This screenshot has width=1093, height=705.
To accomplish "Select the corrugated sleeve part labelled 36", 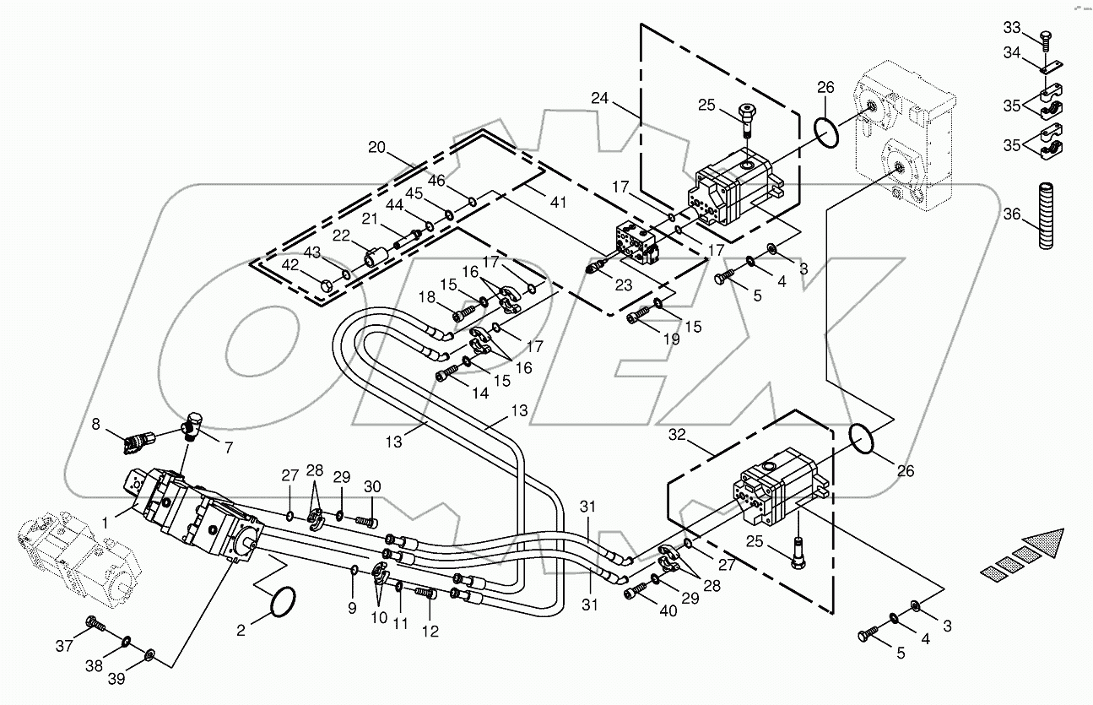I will [x=1047, y=215].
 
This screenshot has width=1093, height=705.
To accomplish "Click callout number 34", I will [x=1011, y=53].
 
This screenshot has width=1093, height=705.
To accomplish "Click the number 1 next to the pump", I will [x=106, y=523].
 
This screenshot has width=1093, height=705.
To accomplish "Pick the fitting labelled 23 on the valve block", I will [x=595, y=266].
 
